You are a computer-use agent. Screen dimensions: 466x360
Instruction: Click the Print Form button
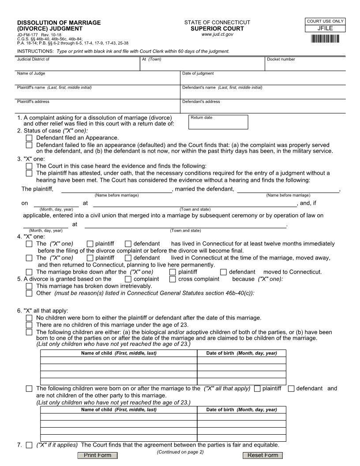pos(97,455)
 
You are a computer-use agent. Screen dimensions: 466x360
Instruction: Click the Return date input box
pos(218,124)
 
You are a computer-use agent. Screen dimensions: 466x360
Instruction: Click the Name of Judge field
pos(97,79)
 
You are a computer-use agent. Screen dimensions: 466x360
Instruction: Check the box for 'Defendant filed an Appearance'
pos(29,138)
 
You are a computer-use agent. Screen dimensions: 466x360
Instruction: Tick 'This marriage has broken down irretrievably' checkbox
pos(29,286)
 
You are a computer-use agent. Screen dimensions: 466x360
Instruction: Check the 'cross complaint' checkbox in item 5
pos(172,279)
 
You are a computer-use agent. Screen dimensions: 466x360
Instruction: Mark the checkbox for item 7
pos(29,445)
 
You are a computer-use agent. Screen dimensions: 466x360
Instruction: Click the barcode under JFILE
pos(325,39)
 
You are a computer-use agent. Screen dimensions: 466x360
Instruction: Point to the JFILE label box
pos(325,29)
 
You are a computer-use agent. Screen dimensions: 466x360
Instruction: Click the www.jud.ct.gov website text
pos(217,34)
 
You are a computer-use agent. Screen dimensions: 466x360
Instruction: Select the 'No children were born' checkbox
pos(29,318)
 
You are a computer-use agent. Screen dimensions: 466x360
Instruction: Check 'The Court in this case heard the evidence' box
pos(29,166)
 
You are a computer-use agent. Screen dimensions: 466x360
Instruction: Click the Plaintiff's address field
pos(97,107)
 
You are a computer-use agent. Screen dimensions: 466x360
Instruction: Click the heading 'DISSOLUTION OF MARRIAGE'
pos(59,23)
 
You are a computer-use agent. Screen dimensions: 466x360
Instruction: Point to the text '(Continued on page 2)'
pos(180,452)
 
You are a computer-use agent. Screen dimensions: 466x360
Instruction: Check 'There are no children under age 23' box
pos(29,325)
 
